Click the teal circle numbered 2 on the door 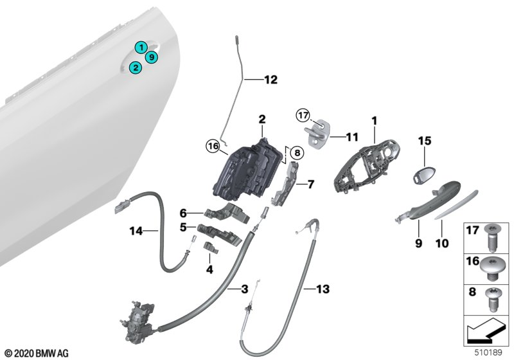(x=135, y=67)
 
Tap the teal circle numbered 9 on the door (x=151, y=58)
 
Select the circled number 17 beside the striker (x=303, y=115)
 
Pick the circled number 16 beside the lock (x=213, y=147)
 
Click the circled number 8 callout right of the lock (x=295, y=153)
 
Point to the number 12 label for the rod (x=270, y=80)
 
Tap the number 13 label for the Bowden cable (x=323, y=290)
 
